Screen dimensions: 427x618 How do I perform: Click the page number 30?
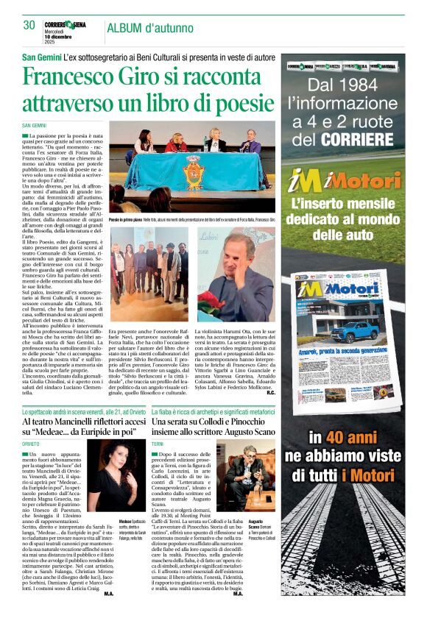pyautogui.click(x=29, y=25)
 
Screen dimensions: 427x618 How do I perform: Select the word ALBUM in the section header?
pyautogui.click(x=127, y=28)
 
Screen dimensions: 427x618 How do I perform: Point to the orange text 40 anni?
pyautogui.click(x=353, y=436)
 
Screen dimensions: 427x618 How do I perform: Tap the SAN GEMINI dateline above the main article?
pyautogui.click(x=34, y=126)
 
